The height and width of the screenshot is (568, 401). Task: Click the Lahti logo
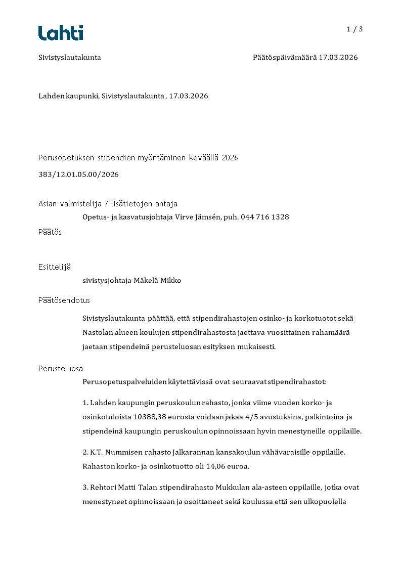pos(61,33)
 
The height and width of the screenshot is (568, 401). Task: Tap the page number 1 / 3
pos(354,29)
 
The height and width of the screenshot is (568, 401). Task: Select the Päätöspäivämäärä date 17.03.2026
pos(338,58)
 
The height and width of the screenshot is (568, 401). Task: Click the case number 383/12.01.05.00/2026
pos(78,174)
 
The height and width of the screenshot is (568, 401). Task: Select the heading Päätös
pos(50,232)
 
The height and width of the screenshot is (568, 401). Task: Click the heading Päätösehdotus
pos(64,300)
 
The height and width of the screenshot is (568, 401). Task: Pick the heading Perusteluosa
pos(61,368)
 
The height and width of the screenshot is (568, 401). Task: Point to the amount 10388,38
pos(150,417)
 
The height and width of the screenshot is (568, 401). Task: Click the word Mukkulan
pos(231,487)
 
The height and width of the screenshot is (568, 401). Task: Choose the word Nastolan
pos(99,332)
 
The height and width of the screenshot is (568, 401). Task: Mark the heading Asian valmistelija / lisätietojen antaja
pos(108,204)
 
